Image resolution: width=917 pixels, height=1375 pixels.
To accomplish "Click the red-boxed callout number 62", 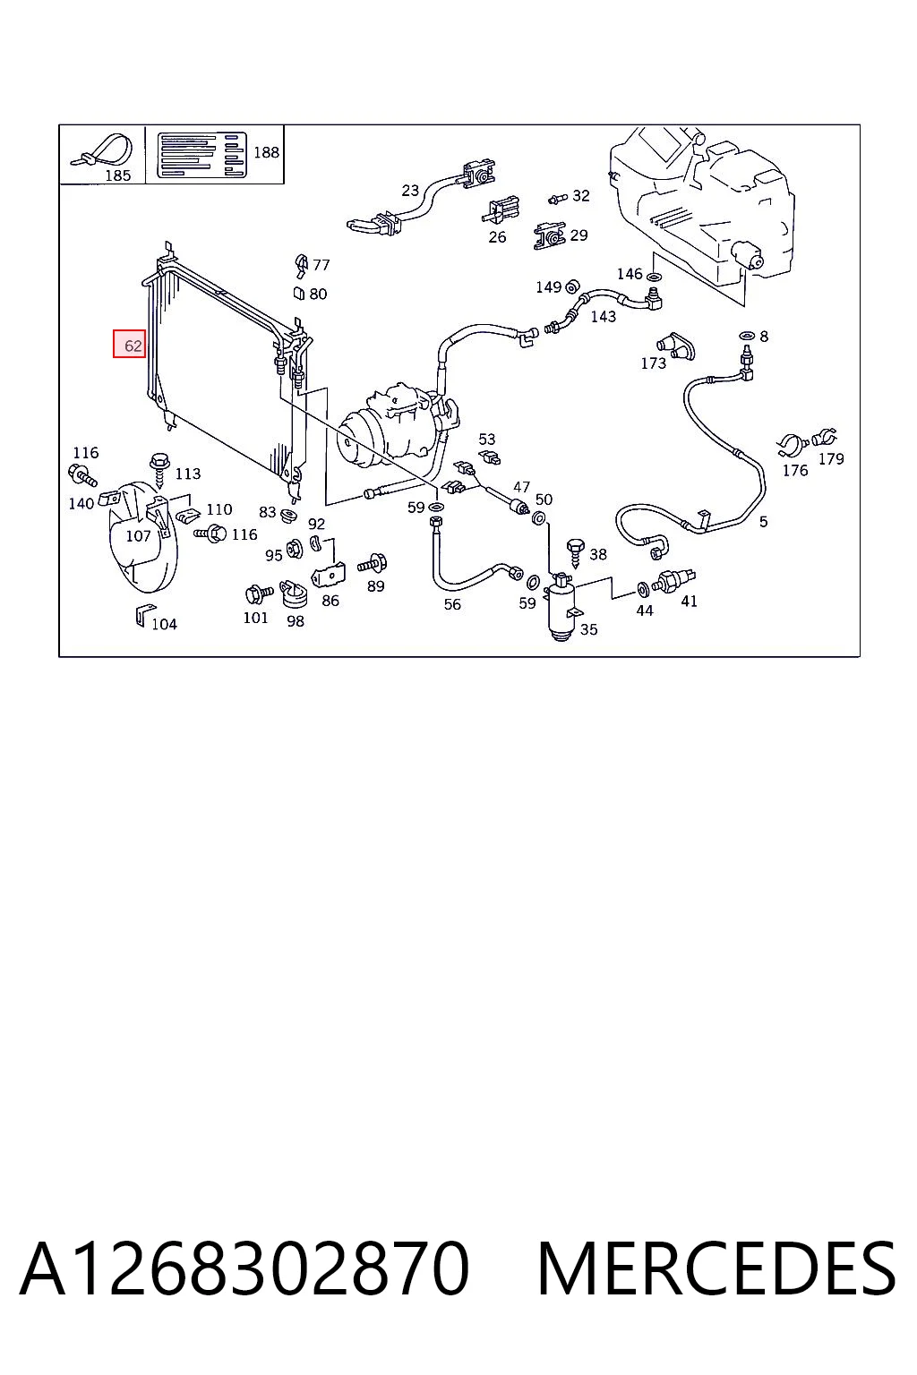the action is pos(133,346).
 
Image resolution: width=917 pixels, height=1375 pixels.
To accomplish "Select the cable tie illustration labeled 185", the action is pos(102,151).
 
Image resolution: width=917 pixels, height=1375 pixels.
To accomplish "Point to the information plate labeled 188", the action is pos(201,155).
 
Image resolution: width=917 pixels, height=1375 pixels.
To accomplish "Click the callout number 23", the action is pos(409,191).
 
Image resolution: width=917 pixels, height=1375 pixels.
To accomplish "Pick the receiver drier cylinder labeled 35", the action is pos(561,608).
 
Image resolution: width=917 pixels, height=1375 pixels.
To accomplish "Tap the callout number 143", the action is pos(603,317).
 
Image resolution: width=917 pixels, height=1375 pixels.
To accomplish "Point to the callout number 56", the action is pos(452,604).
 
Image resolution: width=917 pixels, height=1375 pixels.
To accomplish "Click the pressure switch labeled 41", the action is pos(673,581).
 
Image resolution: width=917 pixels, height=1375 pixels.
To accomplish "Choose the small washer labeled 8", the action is pos(747,337).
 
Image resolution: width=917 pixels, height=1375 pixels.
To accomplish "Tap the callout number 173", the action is pos(653,363).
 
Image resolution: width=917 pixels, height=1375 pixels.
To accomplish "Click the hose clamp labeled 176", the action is pos(793,445).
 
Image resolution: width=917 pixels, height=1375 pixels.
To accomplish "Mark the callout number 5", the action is pos(763,522).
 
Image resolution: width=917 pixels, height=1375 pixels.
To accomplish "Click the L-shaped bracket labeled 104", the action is pos(141,616).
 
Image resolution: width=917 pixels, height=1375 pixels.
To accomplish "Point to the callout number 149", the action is pos(548,287).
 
